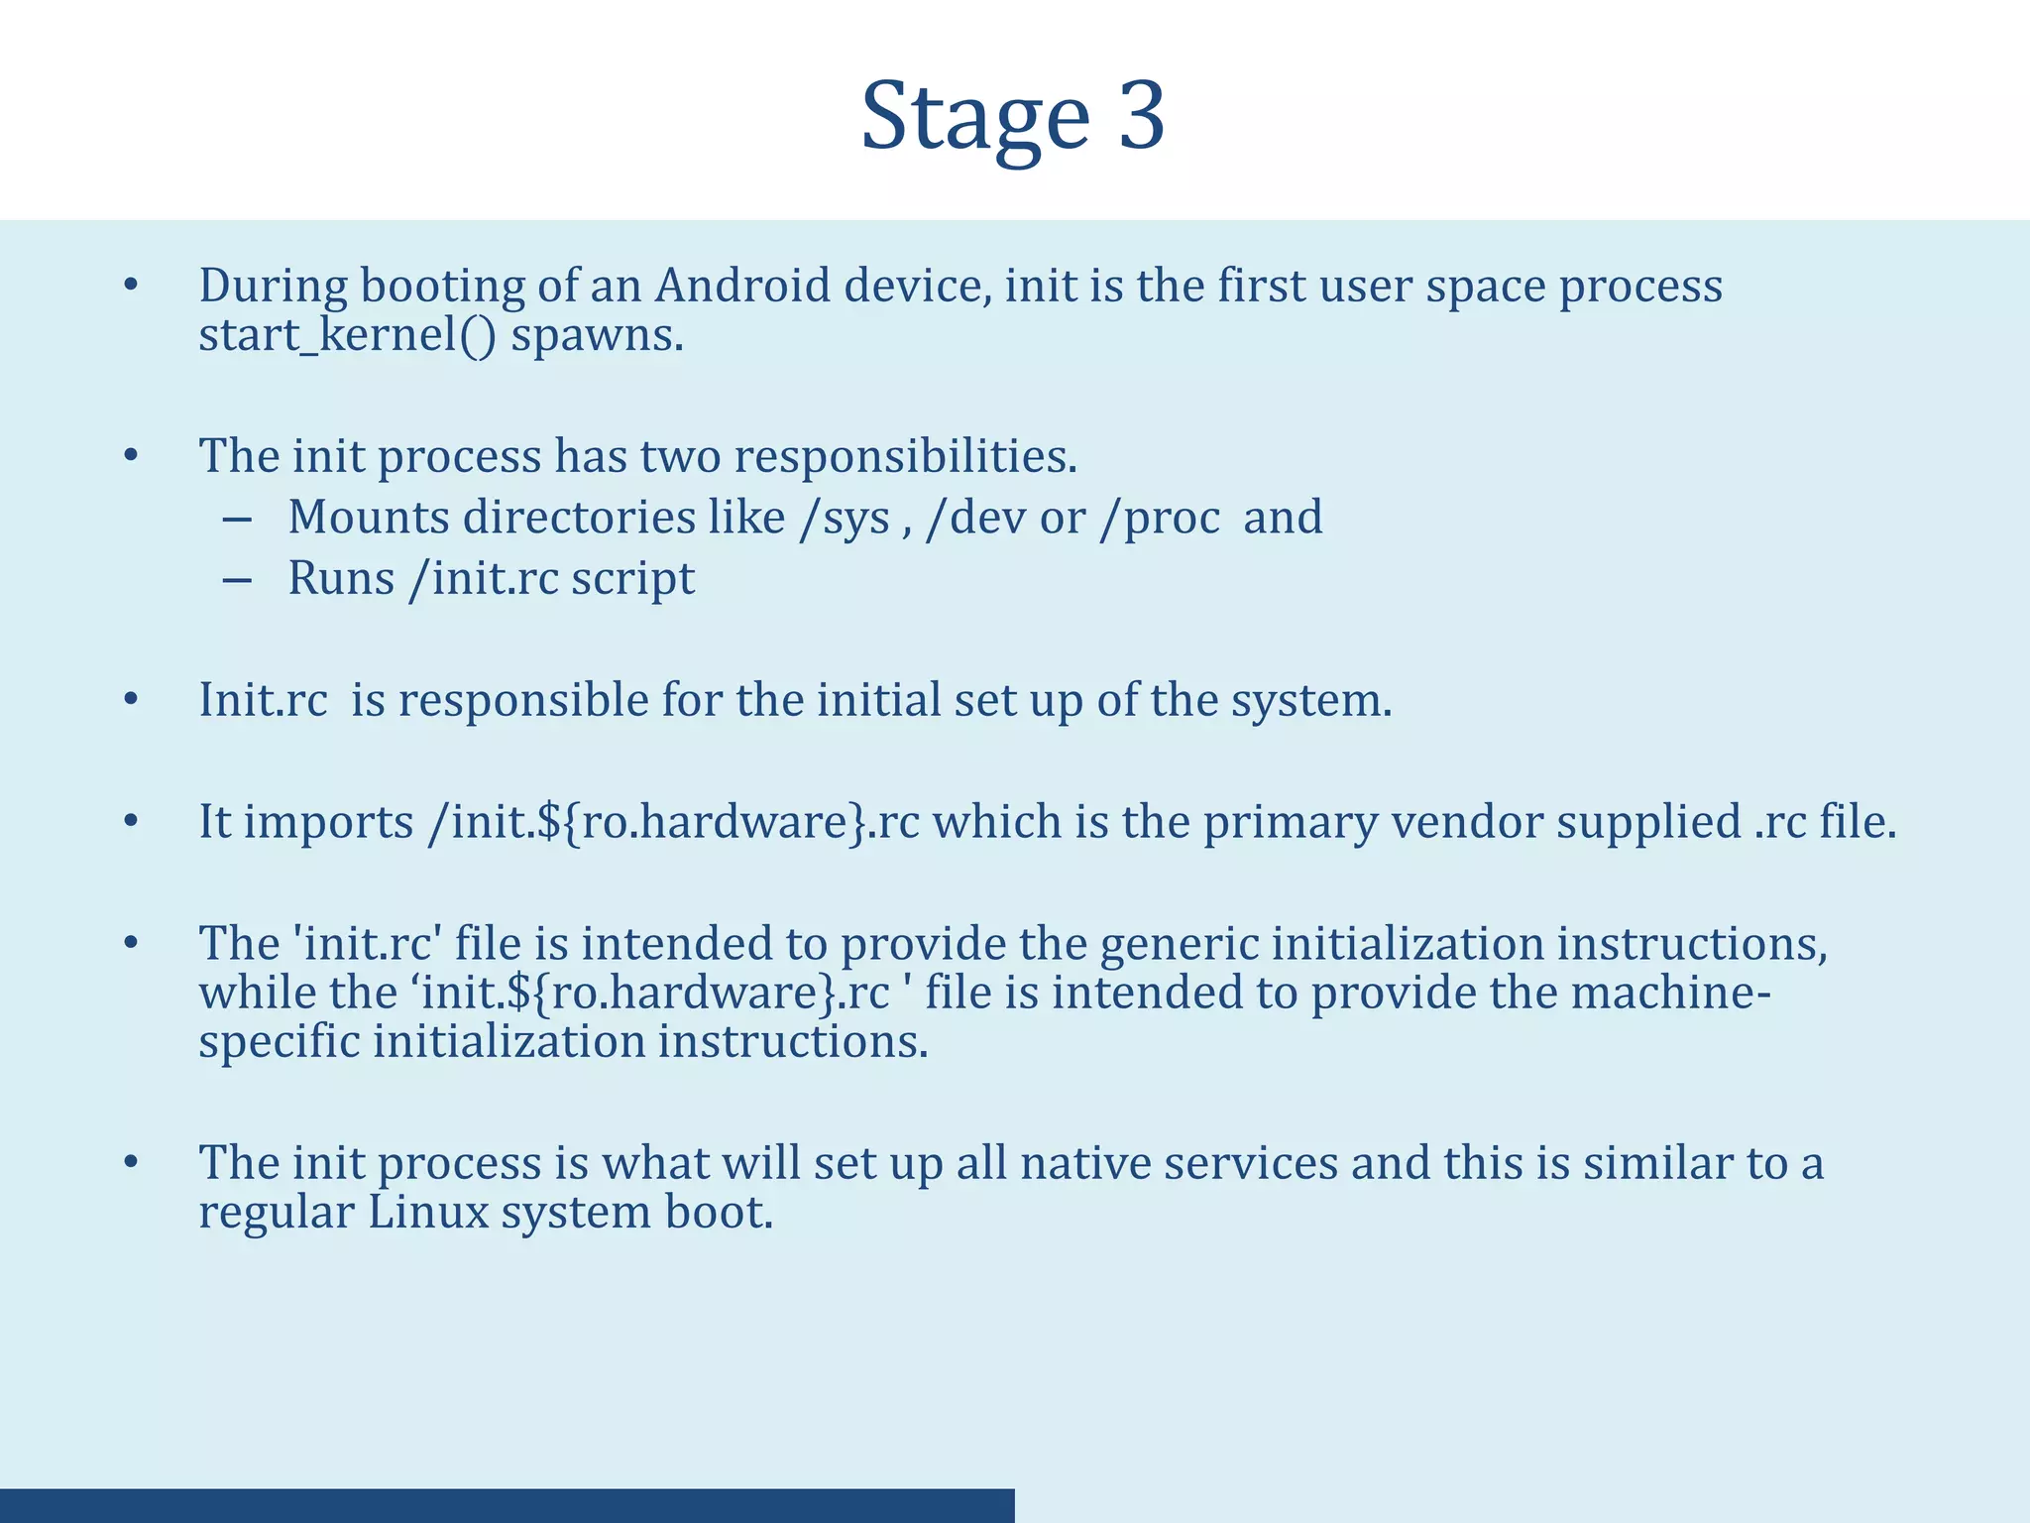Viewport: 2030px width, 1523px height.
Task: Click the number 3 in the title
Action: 1141,117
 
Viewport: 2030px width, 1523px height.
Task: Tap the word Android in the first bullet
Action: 742,287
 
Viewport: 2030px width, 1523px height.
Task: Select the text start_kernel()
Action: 347,335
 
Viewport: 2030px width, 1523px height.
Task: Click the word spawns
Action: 597,335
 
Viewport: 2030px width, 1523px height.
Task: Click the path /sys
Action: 845,519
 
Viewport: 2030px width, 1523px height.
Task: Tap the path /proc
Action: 1159,519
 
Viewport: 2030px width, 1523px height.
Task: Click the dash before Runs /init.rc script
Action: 237,580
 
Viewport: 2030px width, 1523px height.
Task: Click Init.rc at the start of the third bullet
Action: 263,701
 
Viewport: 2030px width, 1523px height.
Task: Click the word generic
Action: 1180,944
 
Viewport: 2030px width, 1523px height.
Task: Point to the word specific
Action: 279,1042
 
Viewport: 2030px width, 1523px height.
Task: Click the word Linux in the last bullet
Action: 428,1213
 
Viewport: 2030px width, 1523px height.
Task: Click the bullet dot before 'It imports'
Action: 131,823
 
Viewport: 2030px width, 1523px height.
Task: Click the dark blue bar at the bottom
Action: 507,1505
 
